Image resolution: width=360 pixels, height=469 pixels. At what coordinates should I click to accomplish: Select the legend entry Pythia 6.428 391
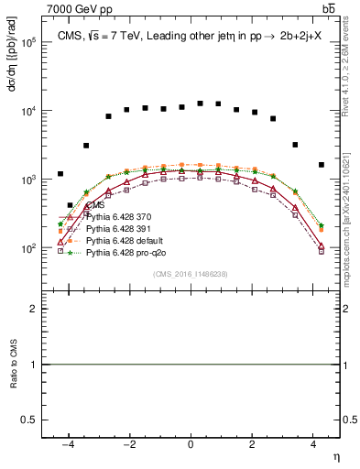[x=117, y=229]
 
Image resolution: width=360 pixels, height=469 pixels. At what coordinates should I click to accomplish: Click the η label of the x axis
[x=335, y=455]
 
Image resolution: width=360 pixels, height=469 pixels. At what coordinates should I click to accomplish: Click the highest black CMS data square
[x=200, y=104]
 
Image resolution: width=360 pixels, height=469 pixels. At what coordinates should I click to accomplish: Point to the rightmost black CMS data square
[x=322, y=165]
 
